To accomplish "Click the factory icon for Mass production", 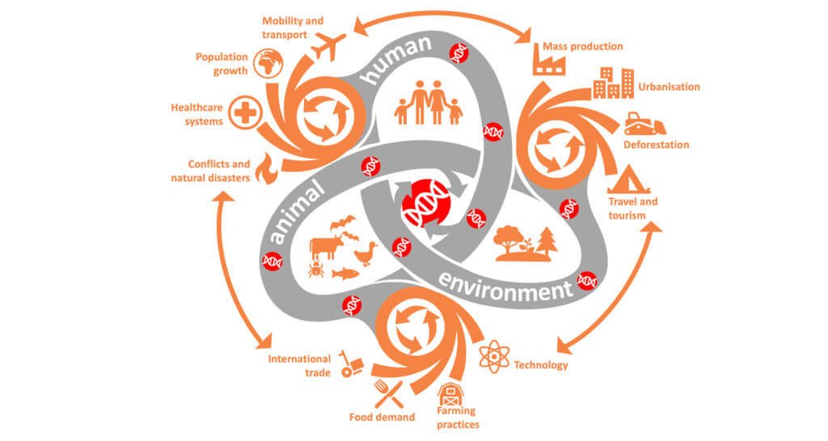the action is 547,61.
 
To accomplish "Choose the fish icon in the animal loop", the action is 344,272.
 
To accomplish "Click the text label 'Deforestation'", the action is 656,145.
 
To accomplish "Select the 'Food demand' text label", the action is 382,418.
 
